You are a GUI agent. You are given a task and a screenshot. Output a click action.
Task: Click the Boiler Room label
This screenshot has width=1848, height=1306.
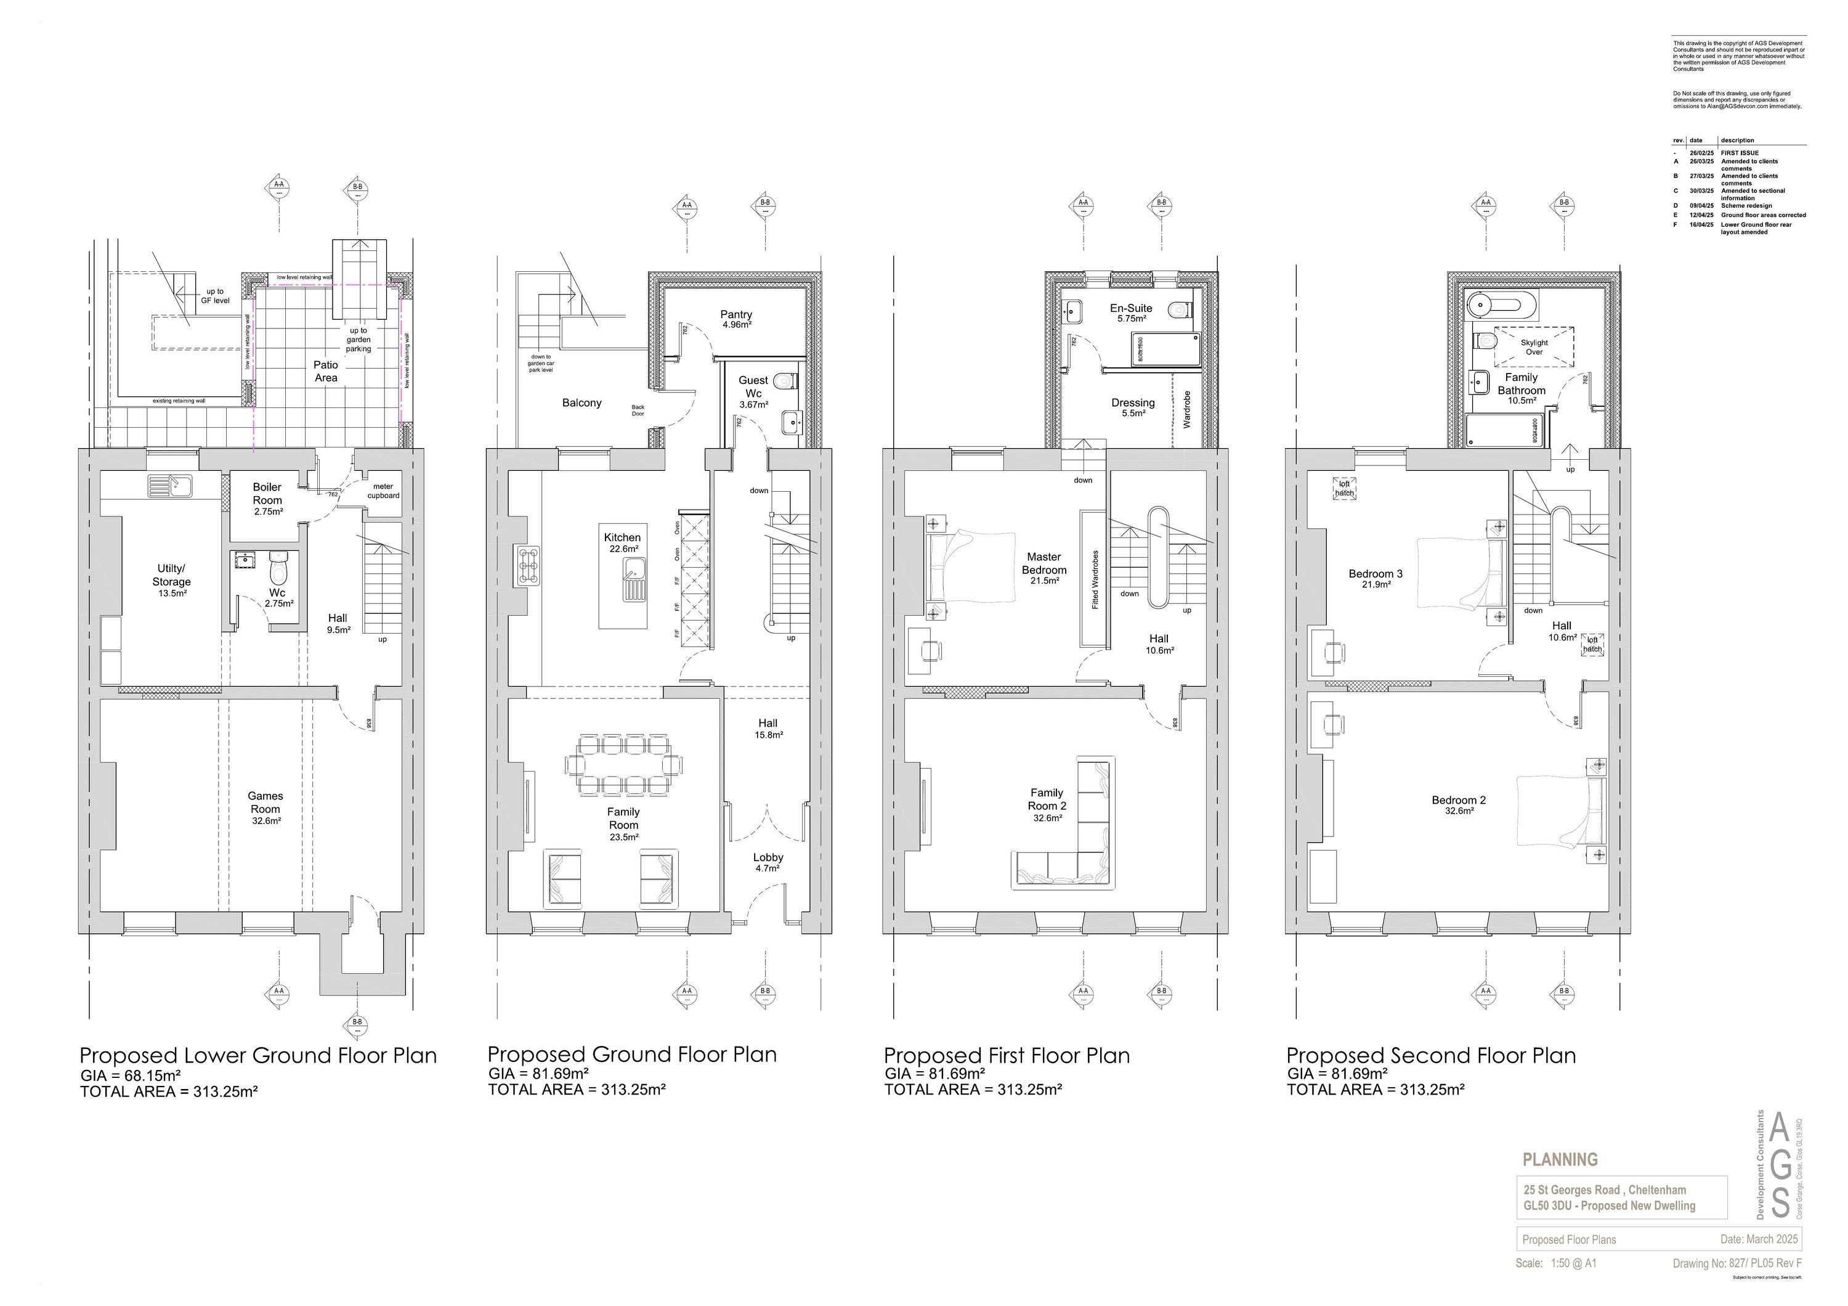(x=267, y=494)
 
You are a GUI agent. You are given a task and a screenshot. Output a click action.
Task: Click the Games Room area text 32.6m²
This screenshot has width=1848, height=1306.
(x=265, y=822)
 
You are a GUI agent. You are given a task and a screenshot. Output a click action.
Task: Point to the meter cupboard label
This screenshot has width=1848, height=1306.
(x=383, y=491)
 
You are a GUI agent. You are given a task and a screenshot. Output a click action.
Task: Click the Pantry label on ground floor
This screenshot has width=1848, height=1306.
(x=736, y=315)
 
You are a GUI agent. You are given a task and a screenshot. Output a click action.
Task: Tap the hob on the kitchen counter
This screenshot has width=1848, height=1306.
(x=530, y=566)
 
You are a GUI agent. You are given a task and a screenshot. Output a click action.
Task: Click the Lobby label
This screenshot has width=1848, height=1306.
(x=768, y=857)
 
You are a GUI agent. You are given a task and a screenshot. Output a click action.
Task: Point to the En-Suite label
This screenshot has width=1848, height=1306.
(x=1131, y=308)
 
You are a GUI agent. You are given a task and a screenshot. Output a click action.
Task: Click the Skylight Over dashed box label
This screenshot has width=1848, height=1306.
(x=1534, y=347)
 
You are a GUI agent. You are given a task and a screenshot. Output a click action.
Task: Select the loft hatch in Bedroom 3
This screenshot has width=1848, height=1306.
(x=1344, y=489)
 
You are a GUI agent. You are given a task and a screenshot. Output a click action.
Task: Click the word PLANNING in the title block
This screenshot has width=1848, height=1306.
(x=1560, y=1159)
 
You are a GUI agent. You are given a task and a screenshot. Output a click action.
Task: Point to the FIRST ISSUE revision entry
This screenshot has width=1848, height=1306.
(x=1740, y=152)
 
